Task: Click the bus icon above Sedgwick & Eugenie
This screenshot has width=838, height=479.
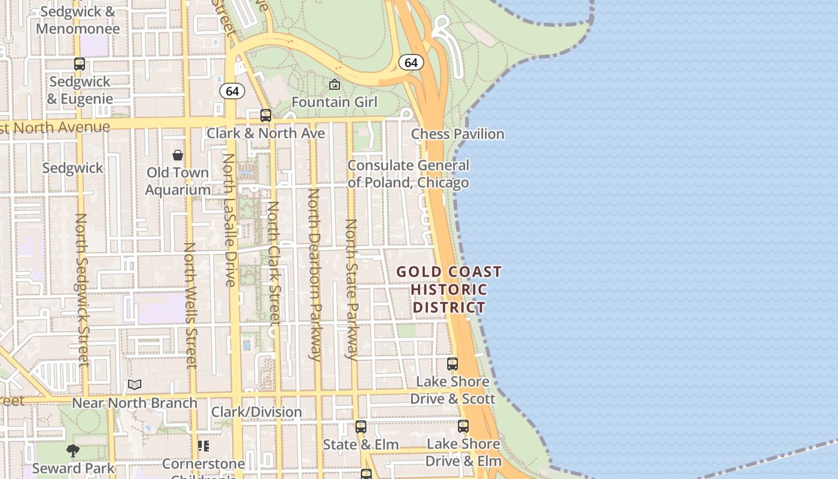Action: pos(80,63)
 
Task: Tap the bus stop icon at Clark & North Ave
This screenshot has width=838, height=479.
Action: pos(266,116)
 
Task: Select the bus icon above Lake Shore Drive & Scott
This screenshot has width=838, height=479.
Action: pos(453,363)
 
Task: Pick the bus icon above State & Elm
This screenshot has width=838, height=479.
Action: pos(360,427)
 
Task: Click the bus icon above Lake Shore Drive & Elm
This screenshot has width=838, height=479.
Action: pos(463,426)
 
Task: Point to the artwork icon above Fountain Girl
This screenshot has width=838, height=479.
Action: pos(335,85)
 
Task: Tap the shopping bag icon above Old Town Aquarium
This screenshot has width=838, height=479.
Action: pos(178,156)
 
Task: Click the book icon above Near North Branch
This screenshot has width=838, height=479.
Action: pos(135,385)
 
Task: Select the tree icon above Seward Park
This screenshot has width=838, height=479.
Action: pos(73,450)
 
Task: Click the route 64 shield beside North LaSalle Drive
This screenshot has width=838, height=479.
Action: pos(232,91)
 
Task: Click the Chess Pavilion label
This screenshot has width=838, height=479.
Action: pos(457,134)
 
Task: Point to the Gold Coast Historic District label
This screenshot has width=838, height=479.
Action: pos(449,290)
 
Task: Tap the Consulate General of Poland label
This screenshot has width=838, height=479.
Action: pos(408,174)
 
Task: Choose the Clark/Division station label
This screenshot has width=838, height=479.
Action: pos(256,412)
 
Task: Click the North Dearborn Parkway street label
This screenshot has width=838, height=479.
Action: pos(314,274)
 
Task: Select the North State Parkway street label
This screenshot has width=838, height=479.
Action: pos(351,289)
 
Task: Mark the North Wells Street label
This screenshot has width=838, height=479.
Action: pos(190,305)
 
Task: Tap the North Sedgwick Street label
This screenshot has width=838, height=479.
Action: pos(82,289)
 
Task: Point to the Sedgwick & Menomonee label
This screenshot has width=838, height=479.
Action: pos(78,20)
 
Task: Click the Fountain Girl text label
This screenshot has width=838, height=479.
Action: pos(334,102)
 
